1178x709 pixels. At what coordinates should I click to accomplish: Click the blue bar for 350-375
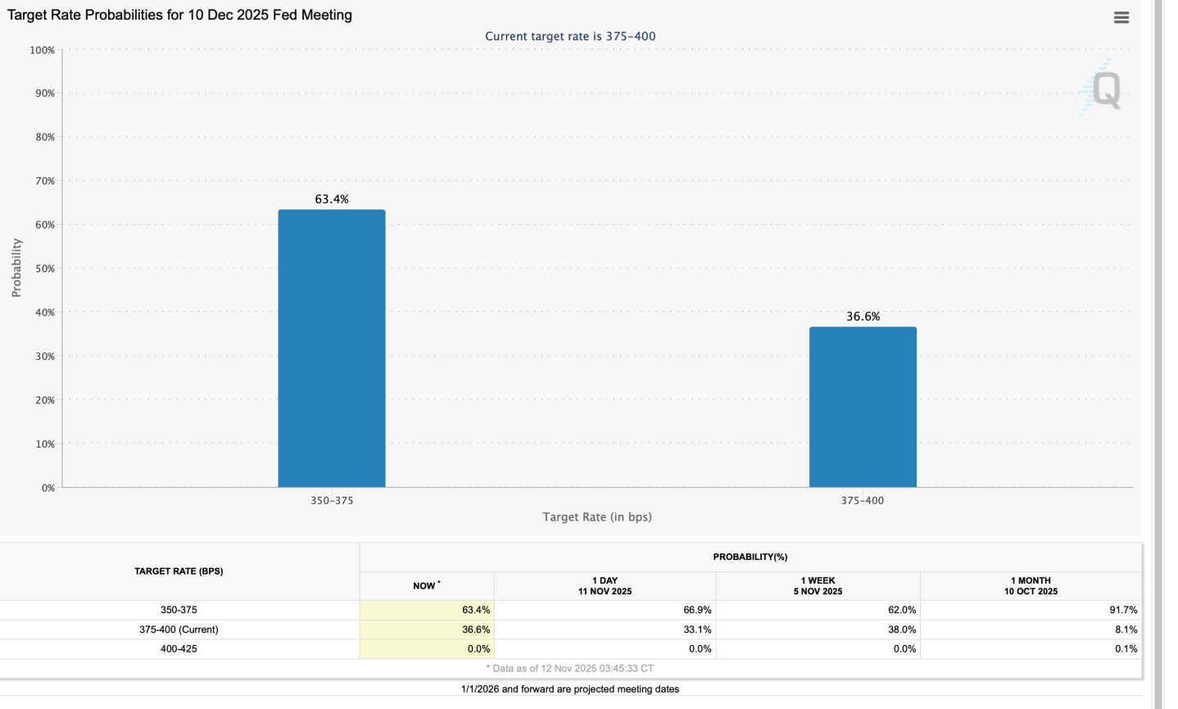point(331,348)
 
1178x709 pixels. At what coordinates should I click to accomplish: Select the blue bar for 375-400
point(863,407)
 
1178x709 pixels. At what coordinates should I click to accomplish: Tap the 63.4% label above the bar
point(332,199)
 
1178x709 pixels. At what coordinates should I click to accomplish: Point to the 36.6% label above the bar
point(863,316)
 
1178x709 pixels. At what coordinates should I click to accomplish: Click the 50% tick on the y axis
point(43,269)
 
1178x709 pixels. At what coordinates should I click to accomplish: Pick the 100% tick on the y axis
point(42,50)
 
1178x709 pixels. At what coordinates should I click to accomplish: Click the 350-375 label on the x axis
point(332,500)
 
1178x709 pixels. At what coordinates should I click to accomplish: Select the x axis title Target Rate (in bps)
point(597,517)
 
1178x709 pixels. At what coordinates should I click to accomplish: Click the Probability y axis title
point(16,268)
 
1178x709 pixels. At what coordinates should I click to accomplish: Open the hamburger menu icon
point(1121,17)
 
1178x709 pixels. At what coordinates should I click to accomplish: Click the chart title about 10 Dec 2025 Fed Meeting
point(180,15)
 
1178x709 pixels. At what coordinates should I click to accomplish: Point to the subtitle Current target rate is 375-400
point(570,36)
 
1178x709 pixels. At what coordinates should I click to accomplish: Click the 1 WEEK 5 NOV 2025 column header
point(818,586)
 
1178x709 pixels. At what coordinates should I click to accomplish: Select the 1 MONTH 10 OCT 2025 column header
point(1031,586)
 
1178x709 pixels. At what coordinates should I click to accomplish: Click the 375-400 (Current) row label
point(179,629)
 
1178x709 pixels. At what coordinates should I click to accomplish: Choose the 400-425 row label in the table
point(179,649)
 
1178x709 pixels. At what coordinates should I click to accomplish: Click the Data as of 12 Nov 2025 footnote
point(570,669)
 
